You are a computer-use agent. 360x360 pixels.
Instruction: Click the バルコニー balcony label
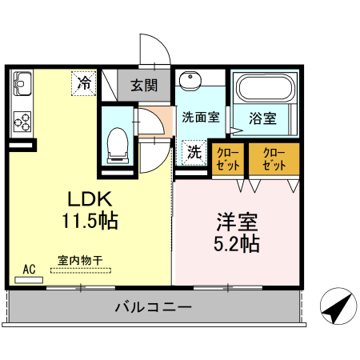(152, 306)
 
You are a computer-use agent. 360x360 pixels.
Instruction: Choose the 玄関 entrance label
(144, 84)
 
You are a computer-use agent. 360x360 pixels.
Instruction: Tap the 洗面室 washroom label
(200, 117)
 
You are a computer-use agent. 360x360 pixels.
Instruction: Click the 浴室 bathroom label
(262, 118)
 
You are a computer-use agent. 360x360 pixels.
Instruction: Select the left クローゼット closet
(230, 158)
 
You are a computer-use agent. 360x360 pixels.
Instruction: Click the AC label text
(30, 269)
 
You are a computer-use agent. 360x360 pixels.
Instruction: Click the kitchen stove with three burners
(22, 122)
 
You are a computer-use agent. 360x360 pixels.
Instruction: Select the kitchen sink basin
(22, 83)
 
